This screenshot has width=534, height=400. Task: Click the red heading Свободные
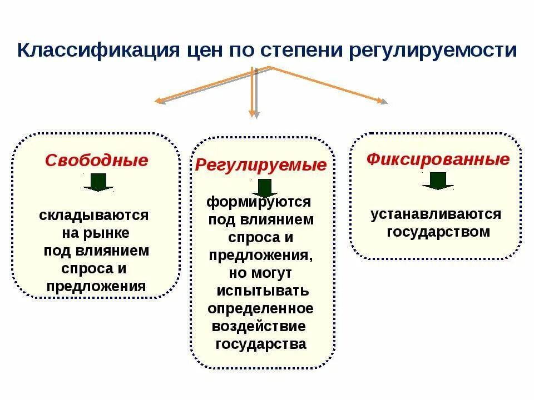click(x=97, y=161)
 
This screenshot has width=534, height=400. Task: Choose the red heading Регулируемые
click(x=261, y=165)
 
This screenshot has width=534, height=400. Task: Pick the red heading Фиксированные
click(x=438, y=160)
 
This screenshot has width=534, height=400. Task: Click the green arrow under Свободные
click(x=98, y=182)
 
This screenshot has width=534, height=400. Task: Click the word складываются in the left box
click(x=94, y=214)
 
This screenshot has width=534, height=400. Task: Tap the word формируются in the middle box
click(x=259, y=201)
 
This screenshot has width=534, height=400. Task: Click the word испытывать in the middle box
click(x=263, y=291)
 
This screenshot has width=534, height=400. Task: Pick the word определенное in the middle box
click(x=260, y=308)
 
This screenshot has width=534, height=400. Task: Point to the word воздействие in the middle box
click(x=259, y=326)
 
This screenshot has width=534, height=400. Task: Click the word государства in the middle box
click(x=260, y=344)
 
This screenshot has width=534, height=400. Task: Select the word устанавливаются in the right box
click(x=436, y=214)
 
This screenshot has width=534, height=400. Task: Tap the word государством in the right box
click(x=438, y=232)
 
